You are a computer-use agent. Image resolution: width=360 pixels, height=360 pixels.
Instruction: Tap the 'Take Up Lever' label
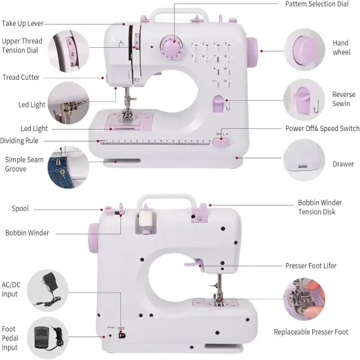pos(31,24)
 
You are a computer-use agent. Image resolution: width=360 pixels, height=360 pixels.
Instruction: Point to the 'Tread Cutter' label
pos(21,77)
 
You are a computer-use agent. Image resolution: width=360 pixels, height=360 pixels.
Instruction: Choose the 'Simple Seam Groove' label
pos(24,164)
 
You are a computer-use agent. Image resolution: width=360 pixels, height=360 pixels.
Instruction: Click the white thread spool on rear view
pos(145,221)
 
